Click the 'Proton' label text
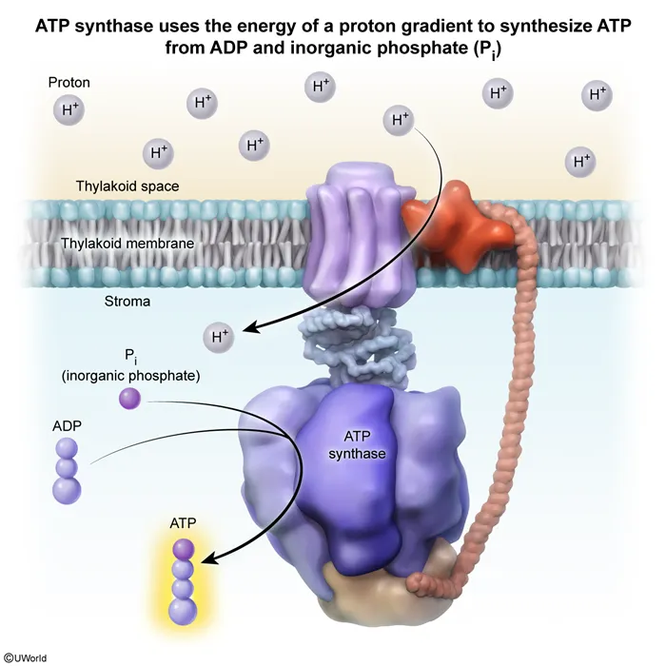point(69,84)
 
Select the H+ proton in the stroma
point(221,336)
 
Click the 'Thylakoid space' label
point(127,186)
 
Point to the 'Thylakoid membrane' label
point(127,244)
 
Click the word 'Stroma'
point(127,302)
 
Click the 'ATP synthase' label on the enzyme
point(357,445)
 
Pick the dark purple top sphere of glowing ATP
point(183,547)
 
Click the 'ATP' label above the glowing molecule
point(183,523)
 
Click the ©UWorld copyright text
point(26,657)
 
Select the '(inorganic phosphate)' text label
point(130,376)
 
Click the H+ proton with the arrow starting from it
point(400,120)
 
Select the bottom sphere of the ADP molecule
point(67,490)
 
